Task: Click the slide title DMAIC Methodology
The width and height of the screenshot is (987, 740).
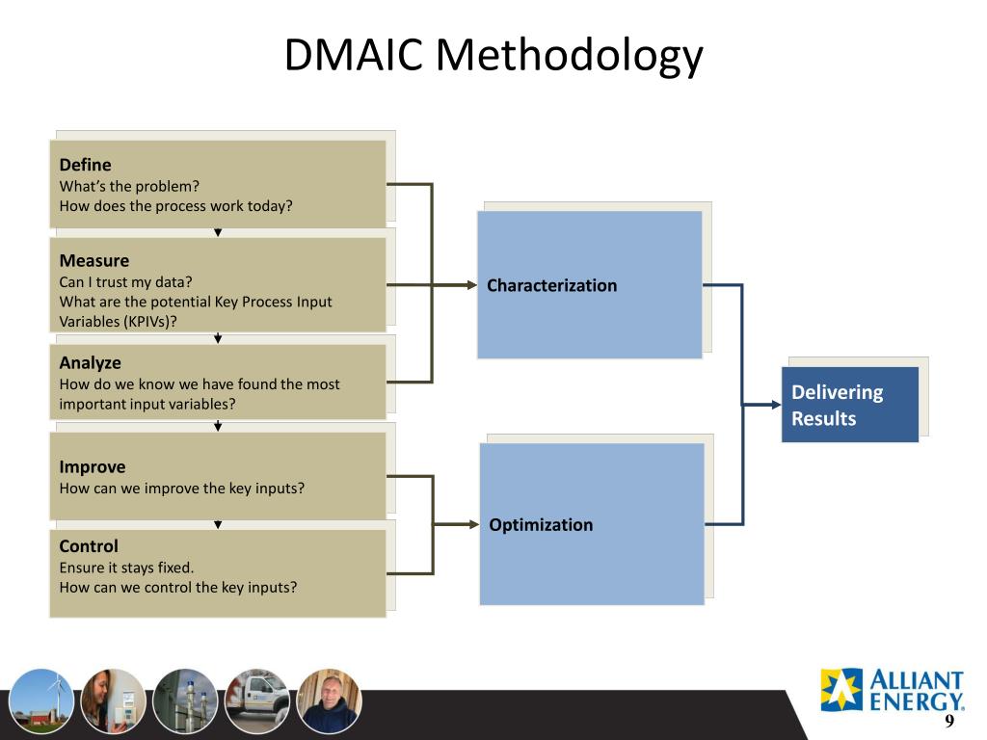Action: [x=493, y=56]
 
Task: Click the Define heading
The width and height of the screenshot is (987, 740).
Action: [x=85, y=165]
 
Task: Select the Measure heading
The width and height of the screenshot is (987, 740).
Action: [x=93, y=260]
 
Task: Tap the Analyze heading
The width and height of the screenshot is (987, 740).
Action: [x=90, y=363]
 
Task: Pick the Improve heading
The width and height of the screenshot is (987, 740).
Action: [x=92, y=467]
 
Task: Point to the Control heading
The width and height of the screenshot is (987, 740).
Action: [x=89, y=546]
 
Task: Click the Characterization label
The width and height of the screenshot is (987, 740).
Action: [x=551, y=285]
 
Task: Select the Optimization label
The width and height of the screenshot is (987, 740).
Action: [x=541, y=525]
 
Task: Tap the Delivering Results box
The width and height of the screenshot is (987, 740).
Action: [x=849, y=405]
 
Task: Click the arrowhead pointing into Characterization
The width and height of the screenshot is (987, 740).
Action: [x=471, y=285]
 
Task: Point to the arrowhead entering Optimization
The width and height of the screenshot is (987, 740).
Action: [x=473, y=524]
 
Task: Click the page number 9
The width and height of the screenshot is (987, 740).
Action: [x=948, y=722]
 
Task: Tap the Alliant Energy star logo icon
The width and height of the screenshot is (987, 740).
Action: [x=841, y=689]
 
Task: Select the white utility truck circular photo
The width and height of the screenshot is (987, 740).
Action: [x=257, y=700]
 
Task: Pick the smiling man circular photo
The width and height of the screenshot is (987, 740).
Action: [x=329, y=700]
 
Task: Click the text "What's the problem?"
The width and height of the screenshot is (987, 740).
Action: [x=129, y=186]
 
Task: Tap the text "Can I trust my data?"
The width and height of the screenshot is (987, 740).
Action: [x=125, y=281]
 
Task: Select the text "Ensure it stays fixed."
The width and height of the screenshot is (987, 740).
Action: [x=126, y=568]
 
